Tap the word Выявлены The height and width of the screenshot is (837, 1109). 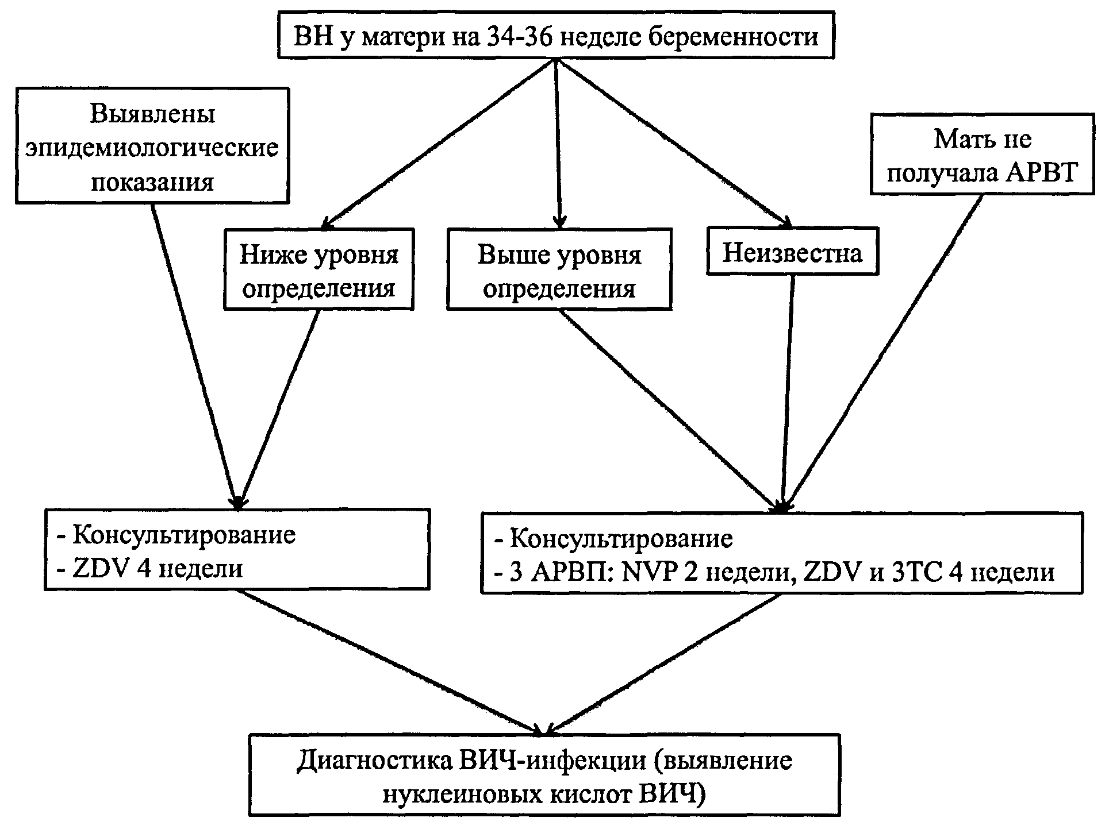[152, 114]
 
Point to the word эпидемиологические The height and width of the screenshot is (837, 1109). [152, 148]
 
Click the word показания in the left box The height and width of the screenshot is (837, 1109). [152, 182]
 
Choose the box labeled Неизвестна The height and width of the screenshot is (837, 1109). [792, 252]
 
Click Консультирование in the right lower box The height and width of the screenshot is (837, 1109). [621, 539]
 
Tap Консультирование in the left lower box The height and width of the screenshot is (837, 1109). [184, 535]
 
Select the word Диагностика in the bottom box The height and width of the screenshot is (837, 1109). [375, 761]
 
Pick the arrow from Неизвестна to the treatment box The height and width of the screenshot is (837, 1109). [788, 391]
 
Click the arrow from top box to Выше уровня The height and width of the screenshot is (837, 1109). [558, 144]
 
